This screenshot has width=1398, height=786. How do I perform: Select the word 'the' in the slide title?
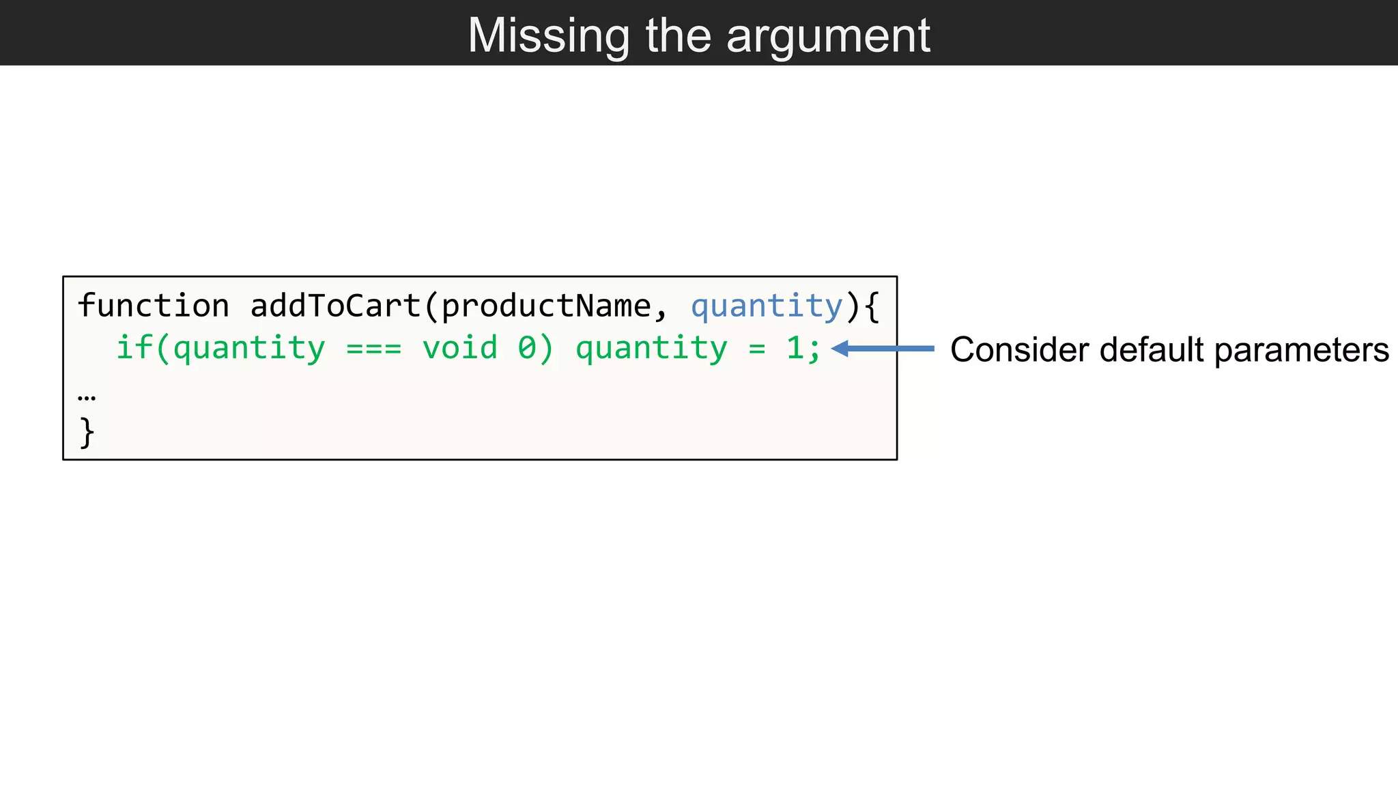[x=679, y=35]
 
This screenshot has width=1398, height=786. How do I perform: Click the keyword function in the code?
[x=154, y=306]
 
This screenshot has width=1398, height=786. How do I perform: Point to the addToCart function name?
[x=336, y=306]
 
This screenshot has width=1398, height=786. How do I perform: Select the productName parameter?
[x=546, y=306]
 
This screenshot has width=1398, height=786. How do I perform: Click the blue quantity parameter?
[x=767, y=306]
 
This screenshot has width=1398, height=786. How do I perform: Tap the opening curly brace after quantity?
[x=871, y=306]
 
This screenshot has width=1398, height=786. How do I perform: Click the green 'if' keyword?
[x=134, y=348]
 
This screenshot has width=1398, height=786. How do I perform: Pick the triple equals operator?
[x=373, y=349]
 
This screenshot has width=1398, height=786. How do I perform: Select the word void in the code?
[x=459, y=348]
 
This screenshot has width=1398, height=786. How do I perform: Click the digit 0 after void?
[x=526, y=348]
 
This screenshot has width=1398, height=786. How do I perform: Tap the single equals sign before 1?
[x=756, y=349]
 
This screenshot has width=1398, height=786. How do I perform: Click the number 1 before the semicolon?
[x=794, y=348]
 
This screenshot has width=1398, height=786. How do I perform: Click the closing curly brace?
[x=87, y=433]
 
